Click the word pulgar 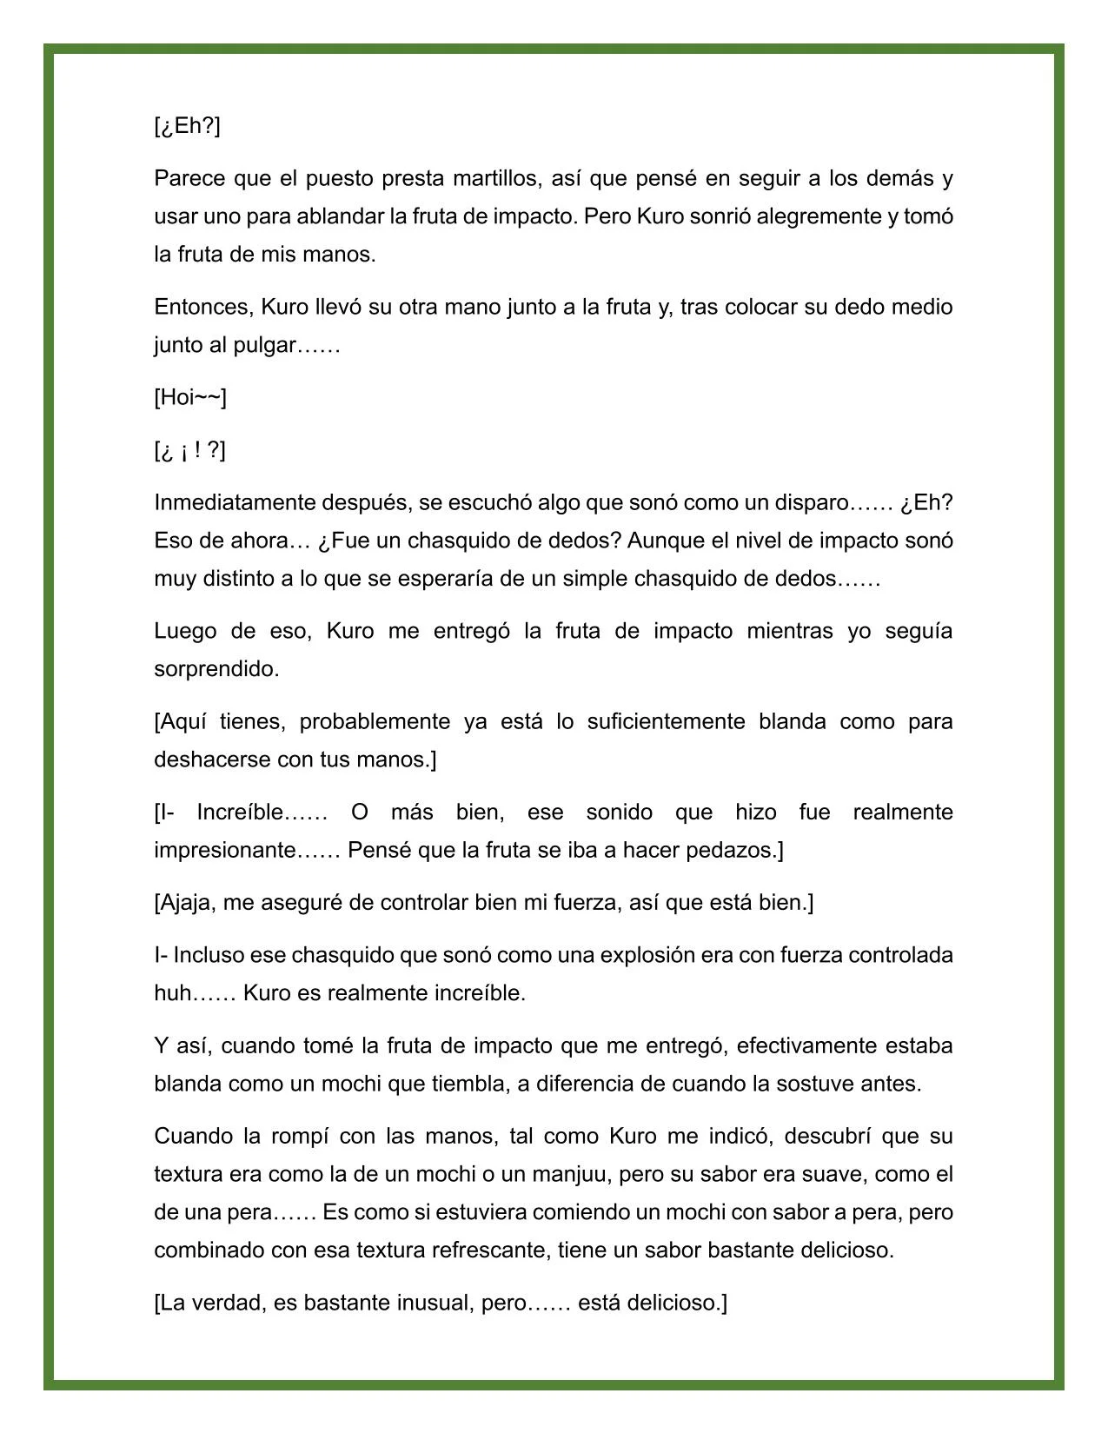click(266, 346)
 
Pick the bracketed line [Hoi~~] click(190, 398)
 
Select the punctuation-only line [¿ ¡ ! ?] click(189, 450)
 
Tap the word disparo click(810, 503)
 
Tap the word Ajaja click(186, 903)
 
